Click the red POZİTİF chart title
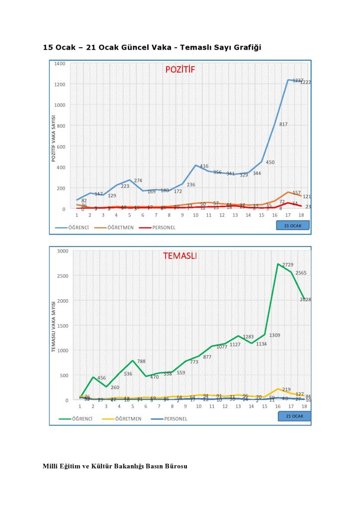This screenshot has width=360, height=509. tap(180, 70)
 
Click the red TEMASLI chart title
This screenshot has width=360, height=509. tap(180, 256)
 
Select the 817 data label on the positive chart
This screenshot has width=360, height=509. tap(283, 124)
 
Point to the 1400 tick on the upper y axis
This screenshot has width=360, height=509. tap(60, 64)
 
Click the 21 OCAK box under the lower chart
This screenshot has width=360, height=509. tap(294, 416)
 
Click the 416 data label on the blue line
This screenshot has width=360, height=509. tap(204, 166)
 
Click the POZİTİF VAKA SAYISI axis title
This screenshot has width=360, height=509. tap(53, 138)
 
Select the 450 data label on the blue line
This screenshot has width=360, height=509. tap(270, 163)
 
